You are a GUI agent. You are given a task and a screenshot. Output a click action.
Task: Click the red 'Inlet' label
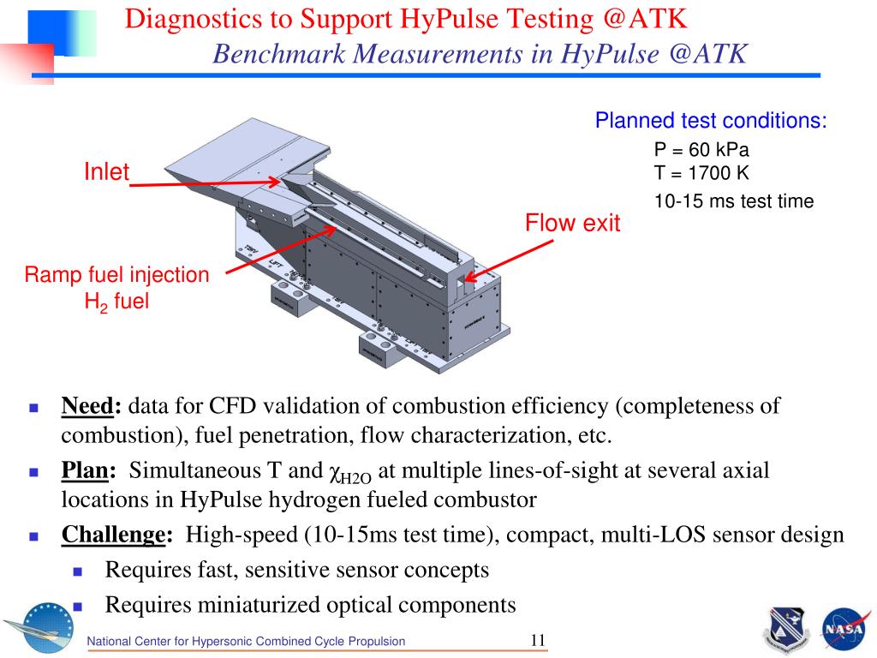click(x=106, y=172)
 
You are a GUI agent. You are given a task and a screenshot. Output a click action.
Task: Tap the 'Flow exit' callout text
click(x=572, y=224)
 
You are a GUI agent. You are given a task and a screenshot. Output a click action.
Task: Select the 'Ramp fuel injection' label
click(x=116, y=275)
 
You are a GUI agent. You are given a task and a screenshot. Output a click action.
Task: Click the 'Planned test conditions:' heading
click(x=711, y=121)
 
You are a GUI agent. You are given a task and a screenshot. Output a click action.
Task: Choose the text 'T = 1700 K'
click(x=701, y=173)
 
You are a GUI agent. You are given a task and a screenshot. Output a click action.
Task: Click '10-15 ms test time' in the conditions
click(x=733, y=201)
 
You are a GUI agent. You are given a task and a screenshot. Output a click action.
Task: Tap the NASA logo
click(x=844, y=629)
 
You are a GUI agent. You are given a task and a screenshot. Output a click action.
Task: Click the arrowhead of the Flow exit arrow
click(x=469, y=278)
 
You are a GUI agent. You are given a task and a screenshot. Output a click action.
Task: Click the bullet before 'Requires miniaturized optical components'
click(x=78, y=605)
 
